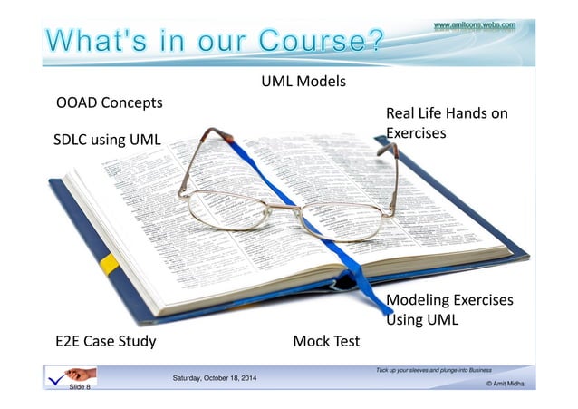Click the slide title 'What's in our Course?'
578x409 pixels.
point(214,42)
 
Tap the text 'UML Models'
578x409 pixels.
point(303,82)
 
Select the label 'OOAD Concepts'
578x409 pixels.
point(110,102)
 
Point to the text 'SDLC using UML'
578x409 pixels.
point(107,140)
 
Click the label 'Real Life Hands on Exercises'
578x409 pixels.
point(446,123)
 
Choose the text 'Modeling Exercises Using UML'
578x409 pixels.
point(448,309)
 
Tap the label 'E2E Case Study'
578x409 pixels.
point(106,341)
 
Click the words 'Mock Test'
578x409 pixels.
point(326,341)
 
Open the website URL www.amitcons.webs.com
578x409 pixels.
point(475,25)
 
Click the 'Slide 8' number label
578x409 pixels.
point(80,386)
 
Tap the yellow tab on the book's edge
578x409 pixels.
point(109,264)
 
